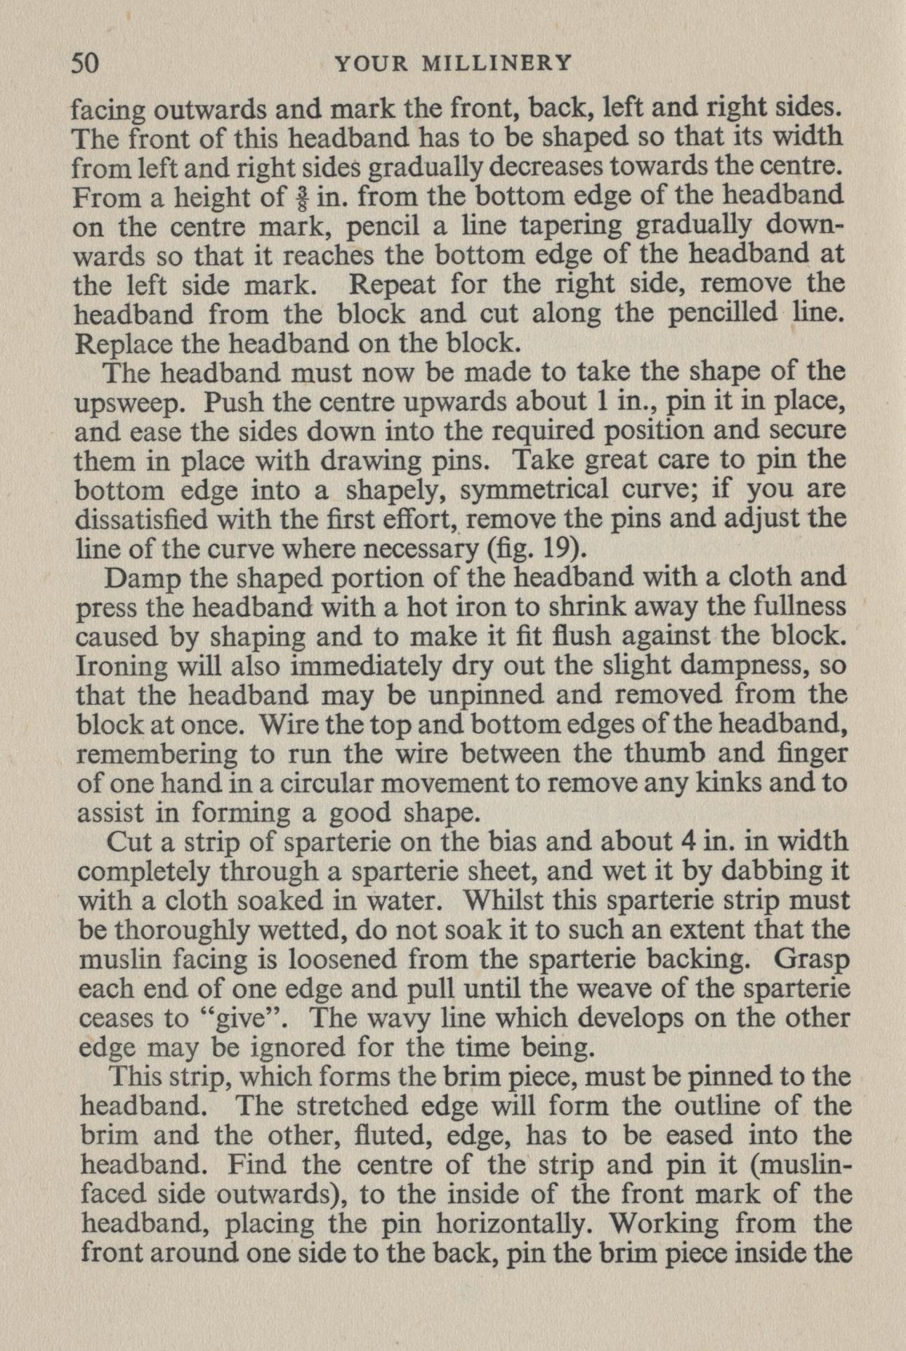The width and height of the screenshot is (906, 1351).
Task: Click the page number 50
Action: pyautogui.click(x=87, y=64)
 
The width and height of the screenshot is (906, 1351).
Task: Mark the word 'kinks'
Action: pyautogui.click(x=735, y=783)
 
